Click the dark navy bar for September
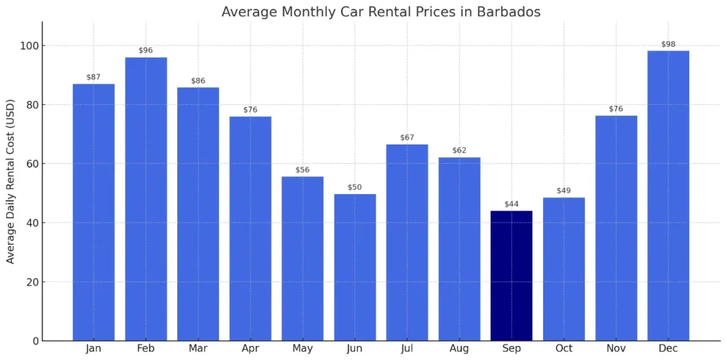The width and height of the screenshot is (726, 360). [x=511, y=276]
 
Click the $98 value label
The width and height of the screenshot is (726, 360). [x=668, y=44]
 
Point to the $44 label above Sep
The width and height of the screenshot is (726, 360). [x=511, y=204]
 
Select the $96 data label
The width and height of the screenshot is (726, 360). [x=146, y=50]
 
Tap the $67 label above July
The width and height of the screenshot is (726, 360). [x=407, y=137]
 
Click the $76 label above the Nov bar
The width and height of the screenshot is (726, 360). [x=615, y=108]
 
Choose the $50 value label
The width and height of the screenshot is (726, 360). [x=355, y=187]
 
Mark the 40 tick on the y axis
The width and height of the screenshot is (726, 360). [x=31, y=223]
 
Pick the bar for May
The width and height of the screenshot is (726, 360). [x=303, y=259]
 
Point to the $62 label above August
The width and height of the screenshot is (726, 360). [x=459, y=150]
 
